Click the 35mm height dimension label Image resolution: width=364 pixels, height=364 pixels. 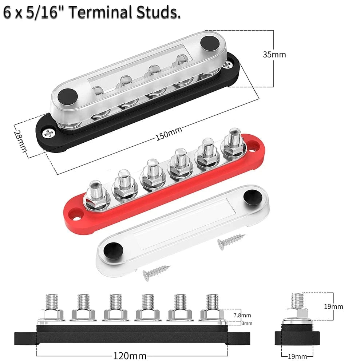[x=274, y=55]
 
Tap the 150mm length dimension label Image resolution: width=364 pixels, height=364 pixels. [x=169, y=134]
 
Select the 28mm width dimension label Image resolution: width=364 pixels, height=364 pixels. [x=20, y=141]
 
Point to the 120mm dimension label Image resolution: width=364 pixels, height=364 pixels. [x=130, y=356]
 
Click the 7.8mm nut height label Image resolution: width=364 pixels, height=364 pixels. [x=242, y=315]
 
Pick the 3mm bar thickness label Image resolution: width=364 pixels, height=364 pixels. [x=247, y=323]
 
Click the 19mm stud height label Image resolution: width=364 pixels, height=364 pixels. [x=333, y=306]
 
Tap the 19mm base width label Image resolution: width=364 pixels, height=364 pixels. [x=297, y=356]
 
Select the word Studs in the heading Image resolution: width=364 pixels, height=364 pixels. [x=158, y=12]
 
